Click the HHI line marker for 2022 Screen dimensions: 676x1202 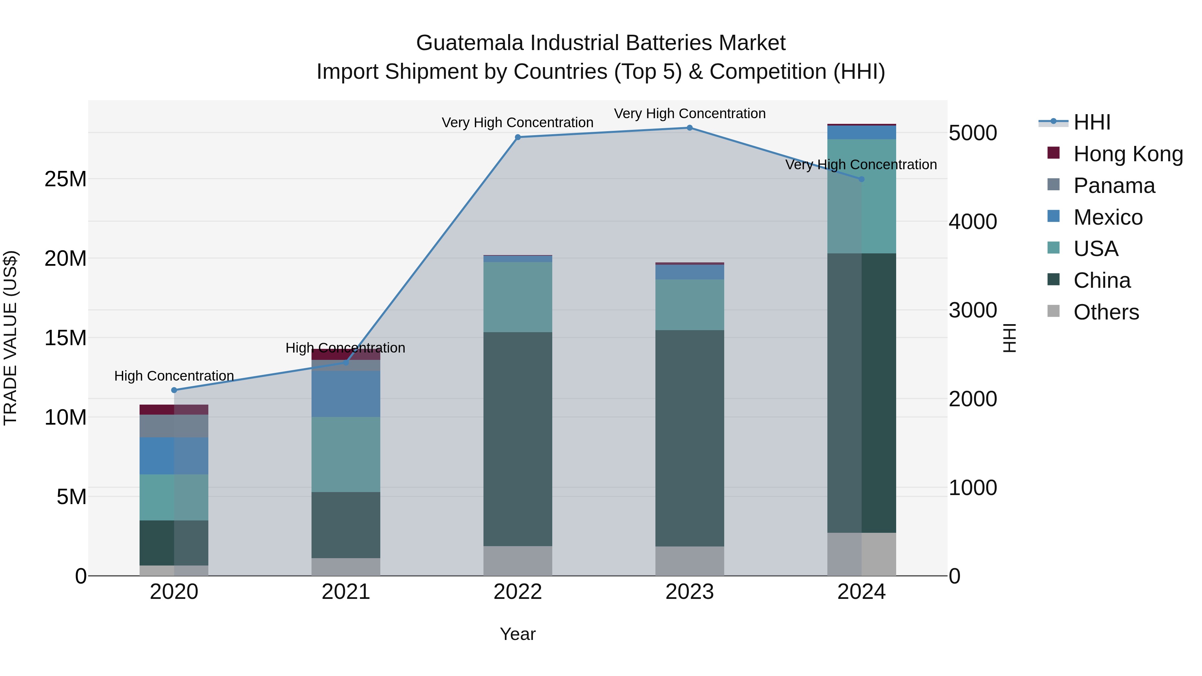coord(518,137)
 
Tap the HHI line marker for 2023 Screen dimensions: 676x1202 coord(690,128)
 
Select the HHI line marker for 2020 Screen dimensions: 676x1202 coord(174,390)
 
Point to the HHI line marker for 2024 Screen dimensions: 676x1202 coord(861,179)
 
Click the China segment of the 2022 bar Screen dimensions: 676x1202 coord(518,439)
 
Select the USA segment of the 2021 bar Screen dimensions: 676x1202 coord(346,454)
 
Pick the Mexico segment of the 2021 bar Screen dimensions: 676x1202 coord(346,394)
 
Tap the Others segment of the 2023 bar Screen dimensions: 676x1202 coord(690,561)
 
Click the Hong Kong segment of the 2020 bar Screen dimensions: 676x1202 coord(174,410)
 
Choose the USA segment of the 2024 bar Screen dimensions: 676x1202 coord(861,196)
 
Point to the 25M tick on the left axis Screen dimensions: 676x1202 coord(65,179)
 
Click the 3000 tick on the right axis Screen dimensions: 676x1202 coord(973,310)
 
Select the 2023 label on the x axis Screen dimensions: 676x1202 coord(690,592)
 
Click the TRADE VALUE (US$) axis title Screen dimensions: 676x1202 coord(10,338)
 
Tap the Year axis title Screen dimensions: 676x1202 coord(518,634)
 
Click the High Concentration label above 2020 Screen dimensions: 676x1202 coord(174,376)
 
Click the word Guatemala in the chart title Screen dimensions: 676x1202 coord(470,43)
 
